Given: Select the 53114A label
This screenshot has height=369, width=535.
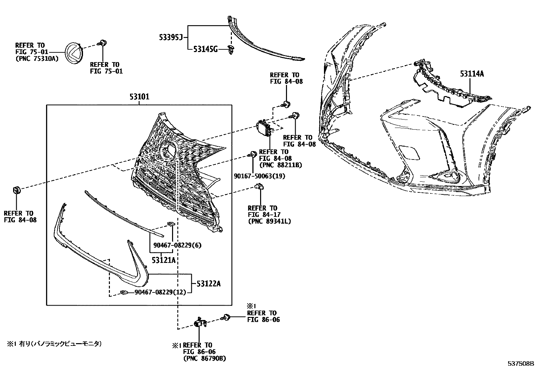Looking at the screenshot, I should click(472, 74).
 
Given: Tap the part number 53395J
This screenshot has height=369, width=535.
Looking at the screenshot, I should click(170, 38).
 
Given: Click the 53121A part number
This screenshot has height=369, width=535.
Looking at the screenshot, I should click(163, 260).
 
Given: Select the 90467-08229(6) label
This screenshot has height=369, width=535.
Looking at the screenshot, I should click(177, 245).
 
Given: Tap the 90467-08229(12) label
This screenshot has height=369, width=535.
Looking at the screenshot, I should click(160, 292).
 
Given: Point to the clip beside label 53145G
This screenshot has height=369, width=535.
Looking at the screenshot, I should click(231, 50).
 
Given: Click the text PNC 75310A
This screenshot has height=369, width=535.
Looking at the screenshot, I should click(37, 58).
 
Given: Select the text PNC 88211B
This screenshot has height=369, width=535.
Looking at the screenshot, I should click(281, 165).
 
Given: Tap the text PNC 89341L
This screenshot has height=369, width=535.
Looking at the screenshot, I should click(269, 221).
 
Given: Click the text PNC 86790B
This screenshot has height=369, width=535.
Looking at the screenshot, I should click(204, 359).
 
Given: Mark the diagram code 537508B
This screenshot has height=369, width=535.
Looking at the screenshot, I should click(521, 364).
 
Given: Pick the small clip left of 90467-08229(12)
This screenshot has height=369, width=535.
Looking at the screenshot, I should click(124, 292).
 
